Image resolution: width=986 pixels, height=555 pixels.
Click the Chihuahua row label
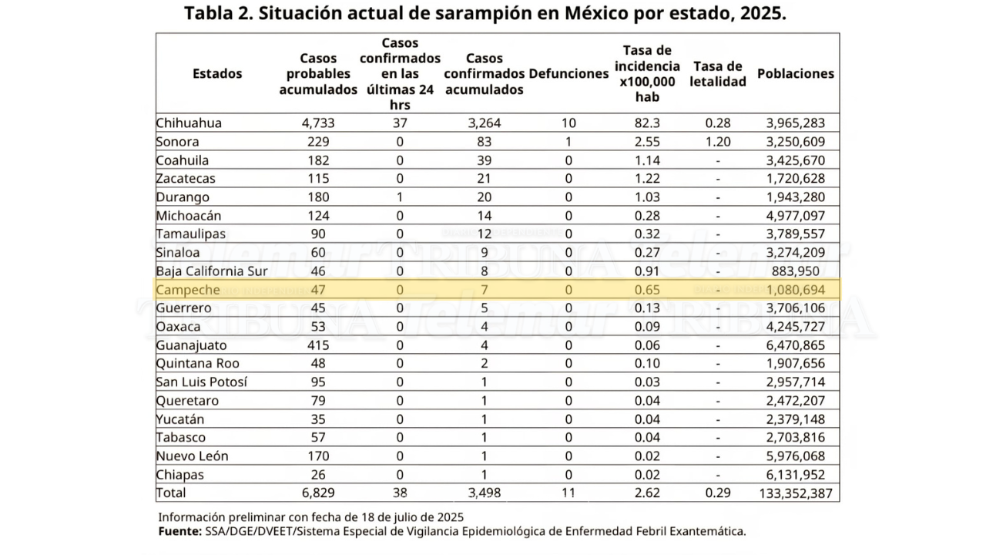point(189,123)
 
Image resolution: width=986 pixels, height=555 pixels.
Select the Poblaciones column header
point(796,73)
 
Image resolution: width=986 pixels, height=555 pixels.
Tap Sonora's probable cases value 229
point(318,142)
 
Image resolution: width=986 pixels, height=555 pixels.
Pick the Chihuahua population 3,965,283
point(796,123)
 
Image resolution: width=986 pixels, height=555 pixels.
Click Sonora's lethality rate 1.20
point(718,142)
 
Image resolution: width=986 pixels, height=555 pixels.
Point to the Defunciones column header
point(568,73)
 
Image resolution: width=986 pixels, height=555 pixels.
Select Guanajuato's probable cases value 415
point(318,345)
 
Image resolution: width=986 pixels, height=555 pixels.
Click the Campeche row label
point(187,290)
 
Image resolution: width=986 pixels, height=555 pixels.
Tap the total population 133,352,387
point(796,493)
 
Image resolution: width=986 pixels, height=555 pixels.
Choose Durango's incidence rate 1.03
point(648,197)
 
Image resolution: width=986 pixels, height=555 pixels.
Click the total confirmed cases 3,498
point(485,493)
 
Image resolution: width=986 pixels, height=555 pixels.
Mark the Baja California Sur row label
point(212,271)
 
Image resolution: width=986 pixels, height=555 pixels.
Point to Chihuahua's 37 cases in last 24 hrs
point(400,123)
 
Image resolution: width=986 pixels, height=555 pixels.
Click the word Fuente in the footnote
point(180,531)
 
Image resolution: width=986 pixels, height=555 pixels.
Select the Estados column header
point(217,73)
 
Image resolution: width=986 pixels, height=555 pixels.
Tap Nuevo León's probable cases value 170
point(318,456)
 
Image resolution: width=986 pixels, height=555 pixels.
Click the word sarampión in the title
point(482,14)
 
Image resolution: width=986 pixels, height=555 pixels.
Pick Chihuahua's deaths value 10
point(568,123)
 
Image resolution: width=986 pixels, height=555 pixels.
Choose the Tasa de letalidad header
point(718,74)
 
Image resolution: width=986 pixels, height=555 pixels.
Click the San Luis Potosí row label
point(202,382)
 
